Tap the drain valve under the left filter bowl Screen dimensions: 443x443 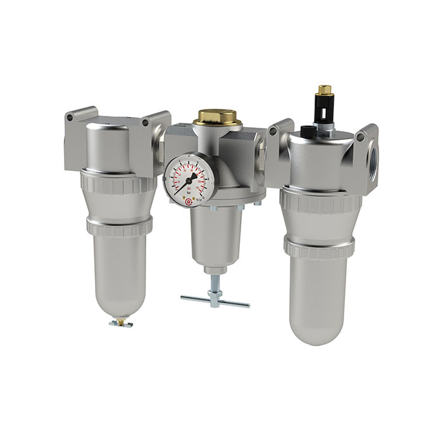click(x=118, y=323)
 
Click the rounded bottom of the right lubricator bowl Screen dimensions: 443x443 click(x=320, y=329)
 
